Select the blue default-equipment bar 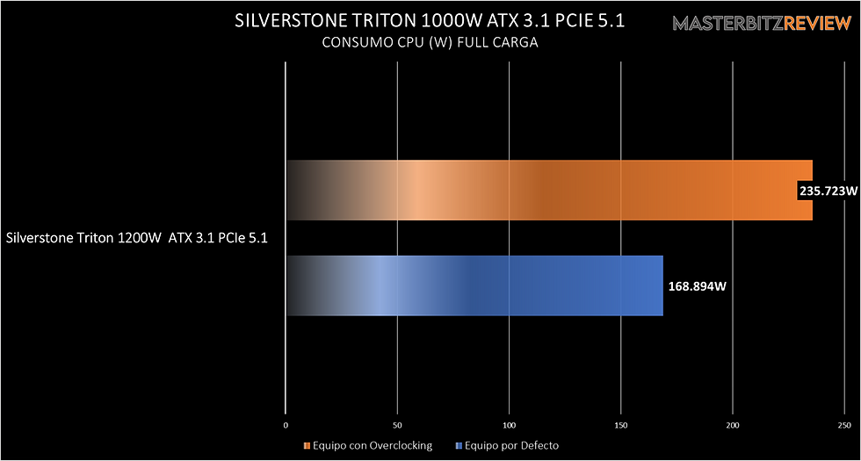[x=474, y=285]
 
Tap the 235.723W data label [x=828, y=191]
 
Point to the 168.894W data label [x=696, y=285]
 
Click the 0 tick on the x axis [x=286, y=426]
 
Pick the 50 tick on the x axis [x=398, y=426]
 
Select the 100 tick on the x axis [x=510, y=426]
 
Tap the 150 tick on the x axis [x=621, y=426]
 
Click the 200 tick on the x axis [x=733, y=426]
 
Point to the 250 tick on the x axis [x=844, y=426]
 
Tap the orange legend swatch [x=306, y=445]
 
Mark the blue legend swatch [x=459, y=445]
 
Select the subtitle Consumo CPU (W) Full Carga [x=430, y=42]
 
